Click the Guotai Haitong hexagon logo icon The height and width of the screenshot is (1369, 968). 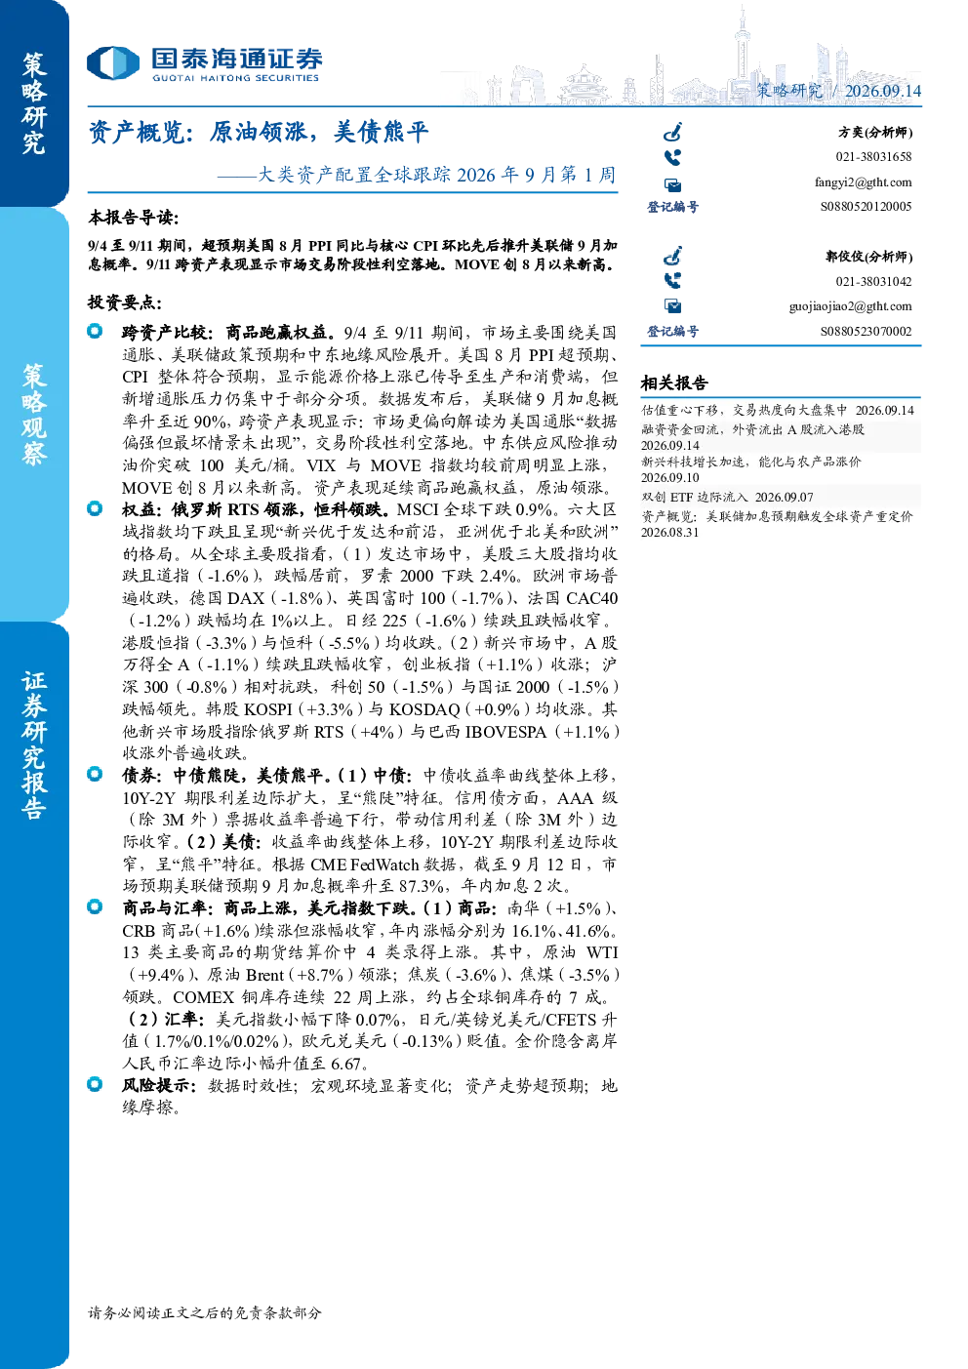coord(113,62)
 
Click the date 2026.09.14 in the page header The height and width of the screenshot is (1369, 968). coord(882,91)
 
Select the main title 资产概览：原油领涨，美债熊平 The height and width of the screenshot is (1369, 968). coord(259,132)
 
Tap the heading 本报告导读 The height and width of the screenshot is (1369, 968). coord(134,217)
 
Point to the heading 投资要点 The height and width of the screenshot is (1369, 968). coord(125,302)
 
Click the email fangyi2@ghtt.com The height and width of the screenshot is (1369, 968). coord(863,182)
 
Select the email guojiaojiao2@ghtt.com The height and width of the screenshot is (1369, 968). coord(850,306)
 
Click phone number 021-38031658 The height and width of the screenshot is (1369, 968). coord(873,156)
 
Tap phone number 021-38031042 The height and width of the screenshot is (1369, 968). coord(873,281)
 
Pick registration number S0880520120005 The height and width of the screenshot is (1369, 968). coord(866,207)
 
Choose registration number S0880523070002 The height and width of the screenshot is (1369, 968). coord(866,331)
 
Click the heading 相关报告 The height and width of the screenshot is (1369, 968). coord(674,383)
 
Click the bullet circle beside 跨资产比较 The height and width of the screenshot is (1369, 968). coord(95,331)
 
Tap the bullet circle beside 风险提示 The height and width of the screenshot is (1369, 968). coord(95,1084)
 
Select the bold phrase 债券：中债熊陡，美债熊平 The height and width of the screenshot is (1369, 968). coord(222,775)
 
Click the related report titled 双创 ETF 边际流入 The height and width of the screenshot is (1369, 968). coord(694,497)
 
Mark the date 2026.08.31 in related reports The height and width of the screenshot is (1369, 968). coord(669,532)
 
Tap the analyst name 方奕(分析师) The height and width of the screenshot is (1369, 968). coord(875,132)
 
